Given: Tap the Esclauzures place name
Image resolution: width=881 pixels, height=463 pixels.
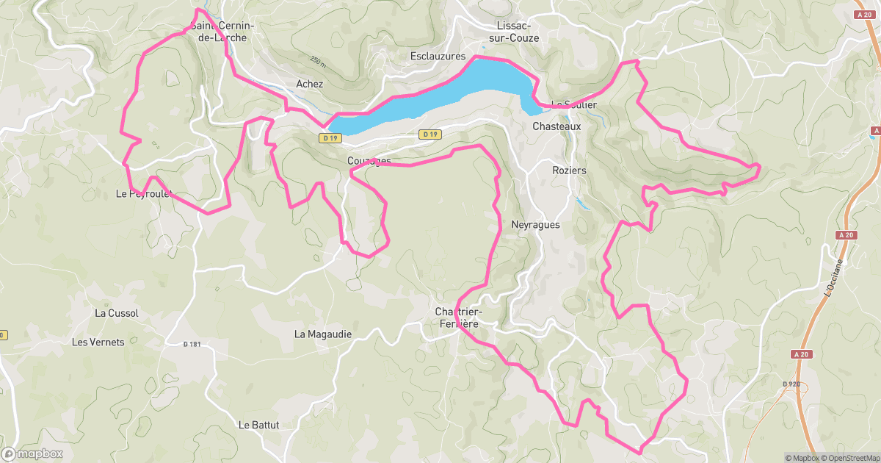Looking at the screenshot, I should (x=438, y=56).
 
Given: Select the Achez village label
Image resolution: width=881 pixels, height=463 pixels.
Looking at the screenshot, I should (x=309, y=84).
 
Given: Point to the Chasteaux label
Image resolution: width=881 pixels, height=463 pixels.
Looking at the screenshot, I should (x=556, y=126).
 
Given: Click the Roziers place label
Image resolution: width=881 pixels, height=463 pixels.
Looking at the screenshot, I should (x=569, y=170).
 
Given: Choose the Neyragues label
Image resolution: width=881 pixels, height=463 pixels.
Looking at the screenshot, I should (x=534, y=225).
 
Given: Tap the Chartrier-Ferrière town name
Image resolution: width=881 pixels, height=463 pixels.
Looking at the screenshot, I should (x=458, y=317).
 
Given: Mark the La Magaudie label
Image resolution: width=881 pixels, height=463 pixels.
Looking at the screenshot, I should (x=323, y=334).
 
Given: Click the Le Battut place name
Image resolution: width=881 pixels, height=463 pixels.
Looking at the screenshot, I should (x=259, y=425).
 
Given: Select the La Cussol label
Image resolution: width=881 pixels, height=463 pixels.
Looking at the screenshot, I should (x=117, y=312).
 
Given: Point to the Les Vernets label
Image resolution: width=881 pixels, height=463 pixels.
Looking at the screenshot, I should (x=98, y=342).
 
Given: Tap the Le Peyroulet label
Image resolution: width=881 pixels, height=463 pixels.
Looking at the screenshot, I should (x=144, y=194).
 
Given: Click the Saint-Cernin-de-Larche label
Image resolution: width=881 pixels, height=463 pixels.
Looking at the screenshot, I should (x=222, y=31).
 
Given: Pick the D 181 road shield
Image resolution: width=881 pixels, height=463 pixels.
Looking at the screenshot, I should (x=192, y=344).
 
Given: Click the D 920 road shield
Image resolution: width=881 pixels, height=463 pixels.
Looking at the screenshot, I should (x=791, y=384).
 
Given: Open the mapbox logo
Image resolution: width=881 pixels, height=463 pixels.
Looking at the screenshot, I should (x=33, y=453).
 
